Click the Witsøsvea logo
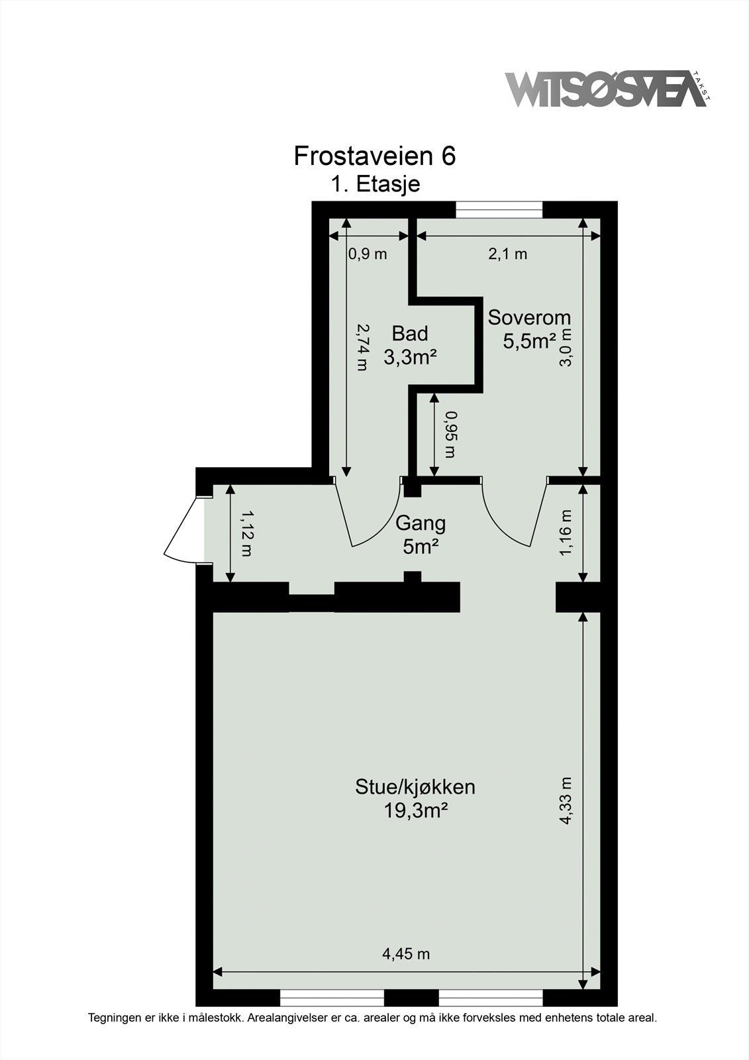pos(606,90)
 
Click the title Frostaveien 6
pos(374,156)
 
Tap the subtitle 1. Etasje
pos(375,184)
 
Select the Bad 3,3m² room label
pos(410,345)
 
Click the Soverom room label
pos(529,317)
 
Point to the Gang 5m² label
pos(421,535)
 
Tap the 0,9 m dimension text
pos(367,254)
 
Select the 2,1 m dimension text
pos(508,254)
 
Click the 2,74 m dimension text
pos(362,346)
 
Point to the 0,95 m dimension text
pos(451,434)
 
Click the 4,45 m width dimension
pos(406,954)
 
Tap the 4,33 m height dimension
pos(566,800)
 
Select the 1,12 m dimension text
pos(246,533)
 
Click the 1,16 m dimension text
pos(566,533)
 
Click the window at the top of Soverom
pos(499,209)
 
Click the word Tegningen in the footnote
pos(116,1017)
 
